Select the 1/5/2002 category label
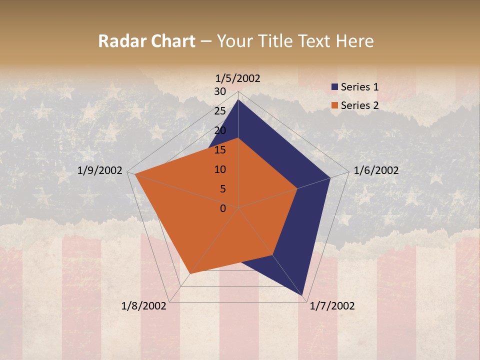[x=238, y=78]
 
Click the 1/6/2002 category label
[x=376, y=170]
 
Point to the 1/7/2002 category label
[x=332, y=306]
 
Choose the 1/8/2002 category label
[x=144, y=306]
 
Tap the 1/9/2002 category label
[x=100, y=170]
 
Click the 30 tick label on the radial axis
[x=220, y=91]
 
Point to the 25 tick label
[x=220, y=111]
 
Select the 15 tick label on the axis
[x=220, y=150]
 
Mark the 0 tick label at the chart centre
[x=223, y=208]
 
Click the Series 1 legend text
[x=359, y=87]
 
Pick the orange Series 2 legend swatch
[x=334, y=105]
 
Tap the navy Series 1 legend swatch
[x=334, y=87]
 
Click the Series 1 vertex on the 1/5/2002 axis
[x=238, y=100]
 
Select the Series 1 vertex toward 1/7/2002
[x=303, y=296]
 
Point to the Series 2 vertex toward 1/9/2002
[x=135, y=174]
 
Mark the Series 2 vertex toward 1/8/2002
[x=190, y=273]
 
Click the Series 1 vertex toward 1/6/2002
[x=330, y=177]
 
